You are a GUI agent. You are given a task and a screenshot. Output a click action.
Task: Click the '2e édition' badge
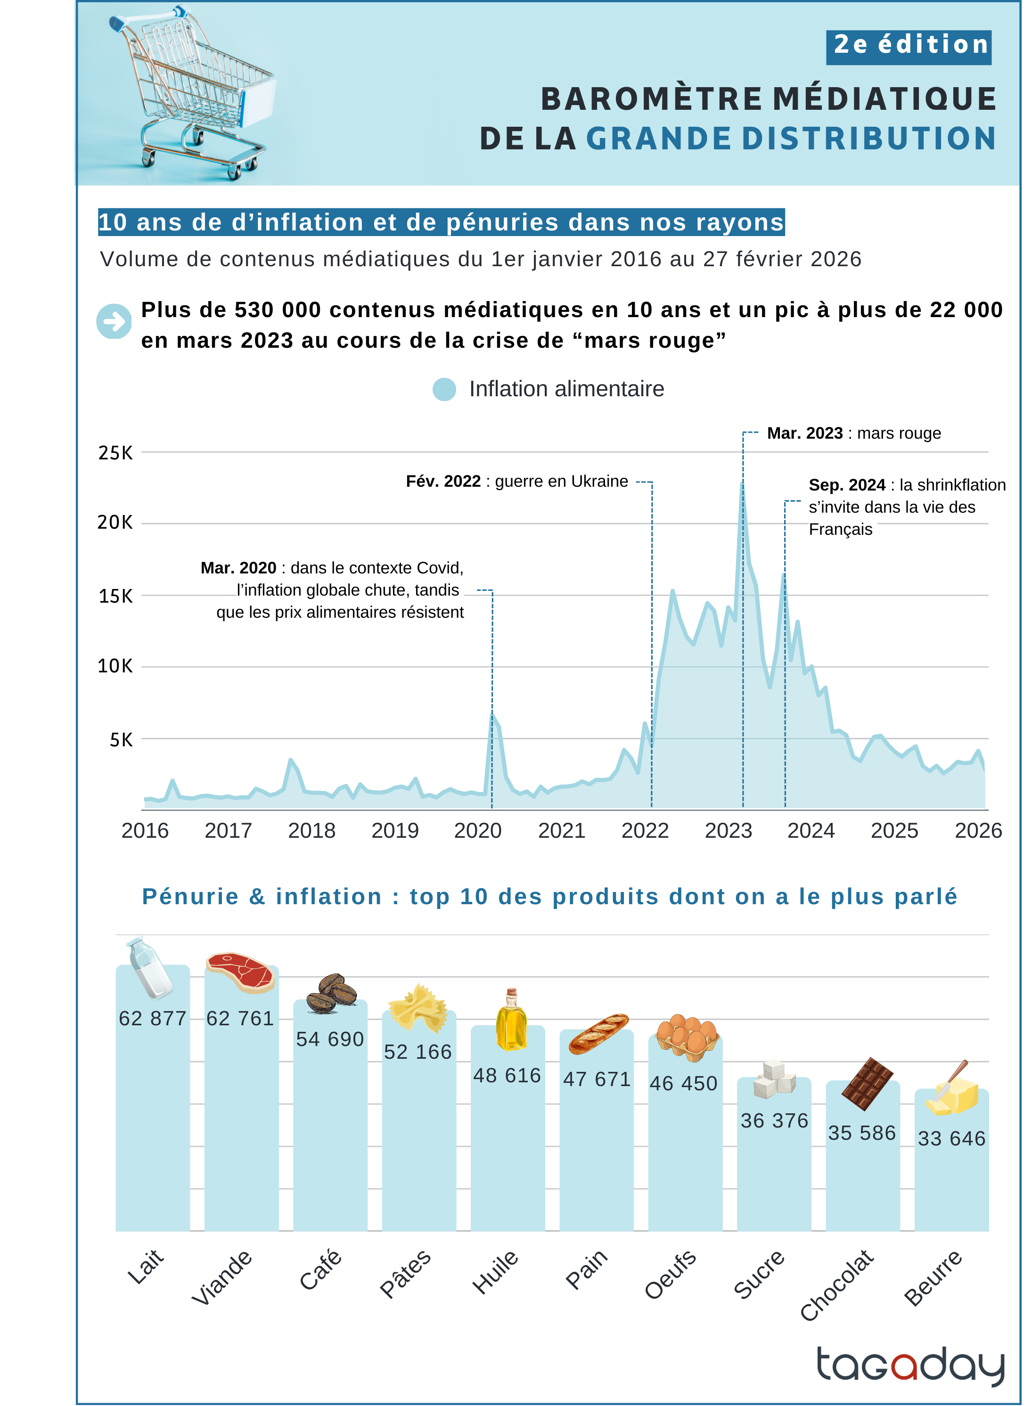[x=909, y=47]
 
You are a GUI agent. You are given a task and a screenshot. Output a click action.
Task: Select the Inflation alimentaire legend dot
[x=444, y=389]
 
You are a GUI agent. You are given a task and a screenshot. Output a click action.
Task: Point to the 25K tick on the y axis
[x=115, y=453]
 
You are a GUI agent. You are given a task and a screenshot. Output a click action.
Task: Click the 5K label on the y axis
[x=121, y=740]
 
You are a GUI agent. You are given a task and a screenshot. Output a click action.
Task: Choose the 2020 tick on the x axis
[x=478, y=830]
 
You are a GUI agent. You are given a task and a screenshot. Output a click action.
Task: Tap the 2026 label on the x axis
[x=978, y=830]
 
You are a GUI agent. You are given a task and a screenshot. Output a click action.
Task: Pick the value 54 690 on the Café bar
[x=330, y=1039]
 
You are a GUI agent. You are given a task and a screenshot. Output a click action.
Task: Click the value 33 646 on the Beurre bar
[x=951, y=1138]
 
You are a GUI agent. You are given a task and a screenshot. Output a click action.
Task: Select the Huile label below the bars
[x=495, y=1272]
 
